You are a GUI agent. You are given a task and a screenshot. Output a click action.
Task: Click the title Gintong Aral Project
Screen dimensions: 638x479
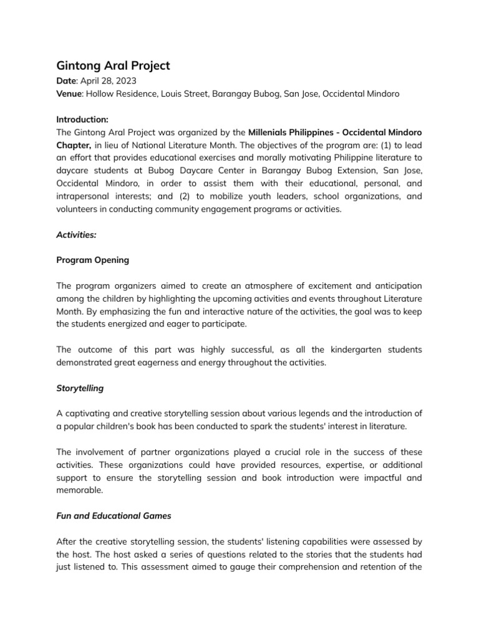[x=113, y=66]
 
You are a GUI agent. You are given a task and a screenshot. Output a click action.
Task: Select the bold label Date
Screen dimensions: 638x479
[x=66, y=82]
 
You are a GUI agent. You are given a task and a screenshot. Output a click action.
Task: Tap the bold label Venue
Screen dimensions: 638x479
[x=69, y=93]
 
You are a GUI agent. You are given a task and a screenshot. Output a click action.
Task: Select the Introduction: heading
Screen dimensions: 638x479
[x=82, y=119]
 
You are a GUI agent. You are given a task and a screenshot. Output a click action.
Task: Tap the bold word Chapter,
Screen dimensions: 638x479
[x=75, y=145]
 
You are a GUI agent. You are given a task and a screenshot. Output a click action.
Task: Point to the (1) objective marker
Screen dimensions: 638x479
[x=396, y=145]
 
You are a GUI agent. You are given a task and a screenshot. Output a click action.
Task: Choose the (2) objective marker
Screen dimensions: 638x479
[x=168, y=197]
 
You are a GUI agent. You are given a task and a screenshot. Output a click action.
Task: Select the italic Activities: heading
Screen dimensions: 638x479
[x=77, y=236]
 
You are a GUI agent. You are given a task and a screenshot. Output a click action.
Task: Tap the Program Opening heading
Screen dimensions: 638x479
[x=93, y=260]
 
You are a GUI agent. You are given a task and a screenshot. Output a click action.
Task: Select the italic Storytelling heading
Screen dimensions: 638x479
[x=80, y=388]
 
